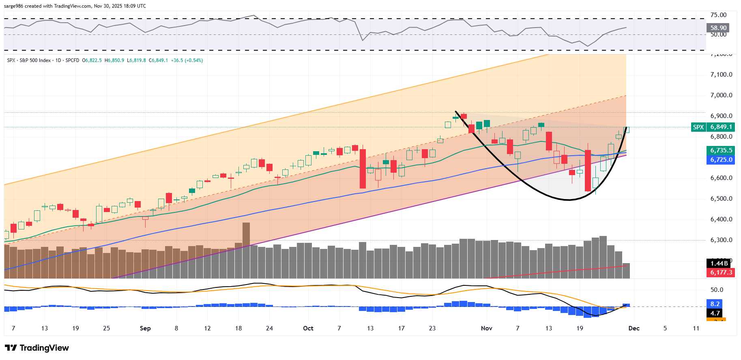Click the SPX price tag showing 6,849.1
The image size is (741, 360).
click(x=720, y=127)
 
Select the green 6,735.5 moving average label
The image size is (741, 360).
click(x=721, y=150)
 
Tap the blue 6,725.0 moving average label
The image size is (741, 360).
click(x=721, y=160)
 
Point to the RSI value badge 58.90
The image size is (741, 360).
click(x=718, y=28)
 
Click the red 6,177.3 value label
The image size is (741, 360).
click(x=721, y=272)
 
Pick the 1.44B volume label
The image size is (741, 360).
click(x=719, y=264)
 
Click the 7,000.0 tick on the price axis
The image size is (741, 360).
click(x=721, y=95)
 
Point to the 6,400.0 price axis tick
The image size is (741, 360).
click(x=721, y=219)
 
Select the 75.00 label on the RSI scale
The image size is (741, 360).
click(x=718, y=15)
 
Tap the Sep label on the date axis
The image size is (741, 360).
click(x=145, y=328)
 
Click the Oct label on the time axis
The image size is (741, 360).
click(x=308, y=328)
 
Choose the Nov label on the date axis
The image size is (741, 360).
click(x=486, y=328)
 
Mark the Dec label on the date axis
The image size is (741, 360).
click(x=634, y=328)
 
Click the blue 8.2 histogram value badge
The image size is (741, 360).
click(x=715, y=304)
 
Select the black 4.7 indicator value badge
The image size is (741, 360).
click(x=715, y=313)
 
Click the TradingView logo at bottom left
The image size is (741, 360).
click(x=37, y=348)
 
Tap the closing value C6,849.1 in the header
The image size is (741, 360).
click(x=158, y=60)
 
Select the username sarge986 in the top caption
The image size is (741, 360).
click(x=14, y=6)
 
